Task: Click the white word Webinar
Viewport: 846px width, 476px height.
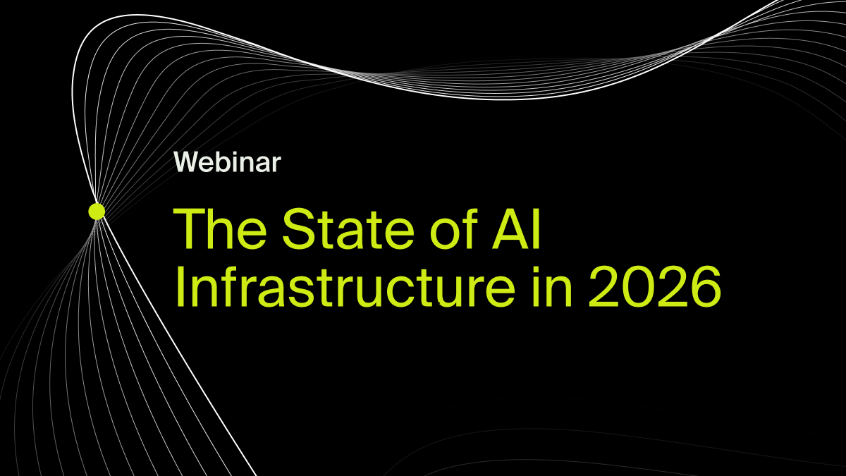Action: tap(227, 163)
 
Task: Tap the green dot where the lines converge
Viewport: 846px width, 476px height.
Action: tap(97, 211)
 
